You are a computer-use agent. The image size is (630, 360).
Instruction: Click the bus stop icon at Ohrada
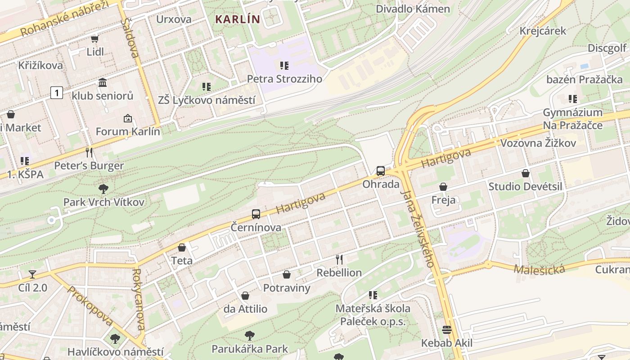coord(381,171)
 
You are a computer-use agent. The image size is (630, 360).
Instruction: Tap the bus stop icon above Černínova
coord(256,214)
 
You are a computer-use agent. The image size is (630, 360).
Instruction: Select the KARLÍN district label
coord(238,19)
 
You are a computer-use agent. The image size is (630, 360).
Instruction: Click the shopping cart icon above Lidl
coord(94,39)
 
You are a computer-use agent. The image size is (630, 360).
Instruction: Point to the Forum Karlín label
coord(128,132)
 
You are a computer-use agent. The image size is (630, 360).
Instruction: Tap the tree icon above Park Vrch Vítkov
coord(103,189)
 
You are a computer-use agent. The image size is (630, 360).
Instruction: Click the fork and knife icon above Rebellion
coord(339,259)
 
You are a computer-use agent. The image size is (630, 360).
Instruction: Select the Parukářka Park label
coord(250,349)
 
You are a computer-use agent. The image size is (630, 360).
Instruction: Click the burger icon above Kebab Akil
coord(447,330)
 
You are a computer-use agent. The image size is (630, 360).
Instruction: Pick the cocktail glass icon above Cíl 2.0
coord(32,274)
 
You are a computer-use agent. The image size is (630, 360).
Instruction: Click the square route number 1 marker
coord(56,93)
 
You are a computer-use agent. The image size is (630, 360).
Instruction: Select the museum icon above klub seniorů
coord(103,82)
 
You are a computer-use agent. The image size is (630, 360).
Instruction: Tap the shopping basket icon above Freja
coord(443,186)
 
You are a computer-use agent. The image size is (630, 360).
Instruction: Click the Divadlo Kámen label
coord(413,9)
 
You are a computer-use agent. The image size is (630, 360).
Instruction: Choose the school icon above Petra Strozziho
coord(284,66)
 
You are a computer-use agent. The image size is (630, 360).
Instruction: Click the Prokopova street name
coord(90,306)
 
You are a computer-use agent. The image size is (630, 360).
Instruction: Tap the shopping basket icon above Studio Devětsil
coord(525,173)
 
